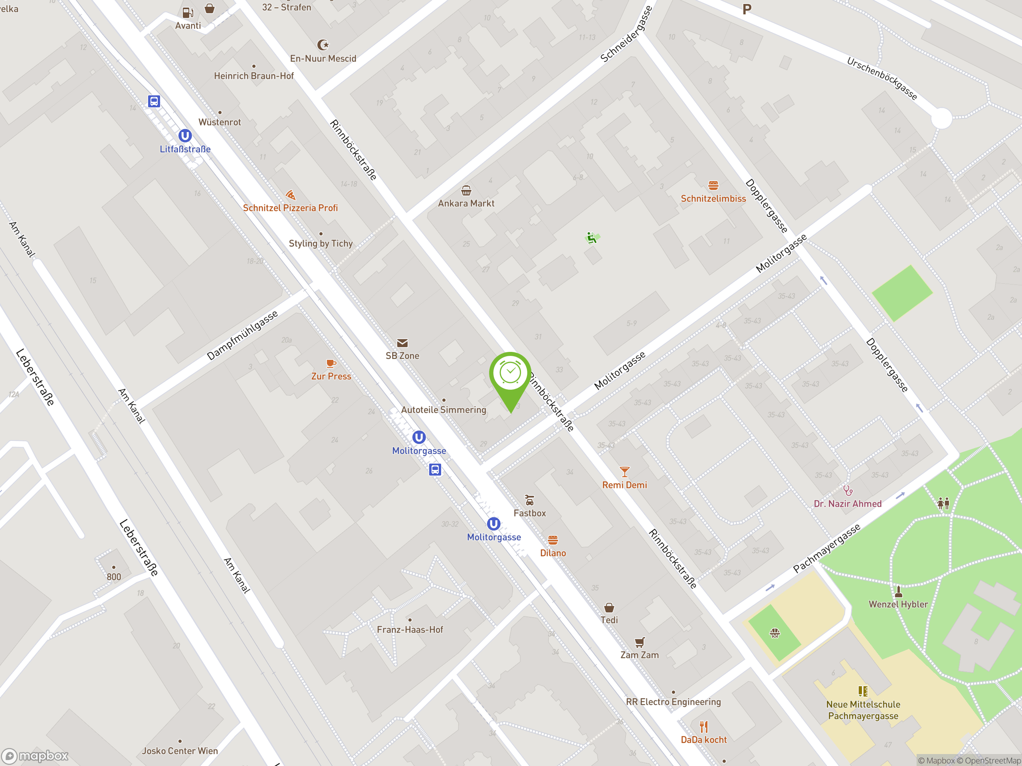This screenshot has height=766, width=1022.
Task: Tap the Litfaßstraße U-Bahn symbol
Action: tap(185, 135)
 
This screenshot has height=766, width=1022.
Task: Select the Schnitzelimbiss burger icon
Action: tap(713, 186)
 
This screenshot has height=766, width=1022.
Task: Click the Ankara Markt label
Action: tap(466, 203)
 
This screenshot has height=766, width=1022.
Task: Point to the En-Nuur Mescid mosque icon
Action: tap(323, 45)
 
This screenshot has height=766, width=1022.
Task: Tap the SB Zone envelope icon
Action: tap(402, 343)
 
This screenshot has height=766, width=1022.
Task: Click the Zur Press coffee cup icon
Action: tap(331, 363)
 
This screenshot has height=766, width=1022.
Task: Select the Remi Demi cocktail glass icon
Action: tap(624, 472)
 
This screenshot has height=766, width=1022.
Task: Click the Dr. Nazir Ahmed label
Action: tap(848, 504)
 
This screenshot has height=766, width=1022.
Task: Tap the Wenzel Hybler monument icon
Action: tap(898, 591)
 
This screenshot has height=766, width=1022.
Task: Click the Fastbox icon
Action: tap(529, 500)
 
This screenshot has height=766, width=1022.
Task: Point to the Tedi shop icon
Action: tap(609, 607)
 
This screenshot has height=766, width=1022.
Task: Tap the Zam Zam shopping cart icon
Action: tap(640, 642)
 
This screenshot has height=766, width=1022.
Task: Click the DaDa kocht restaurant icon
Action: tap(703, 727)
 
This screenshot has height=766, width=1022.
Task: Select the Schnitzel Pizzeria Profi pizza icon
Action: tap(290, 195)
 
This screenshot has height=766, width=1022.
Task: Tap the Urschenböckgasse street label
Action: tap(881, 79)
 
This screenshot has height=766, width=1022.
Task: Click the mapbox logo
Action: tap(35, 756)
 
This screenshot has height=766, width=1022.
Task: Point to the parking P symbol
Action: tap(747, 9)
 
